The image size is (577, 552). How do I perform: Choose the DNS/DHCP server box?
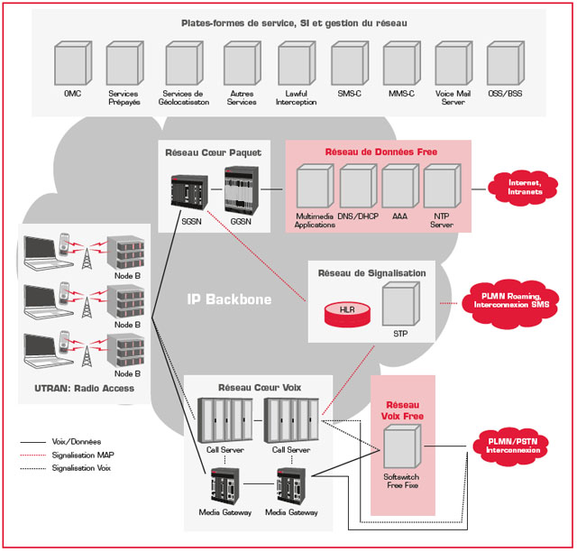tap(357, 188)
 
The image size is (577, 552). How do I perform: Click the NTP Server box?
tap(442, 188)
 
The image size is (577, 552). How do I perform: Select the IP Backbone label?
tap(229, 299)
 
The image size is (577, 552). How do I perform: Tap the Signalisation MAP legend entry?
tap(69, 456)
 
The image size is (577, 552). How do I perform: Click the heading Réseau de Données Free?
tap(381, 152)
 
